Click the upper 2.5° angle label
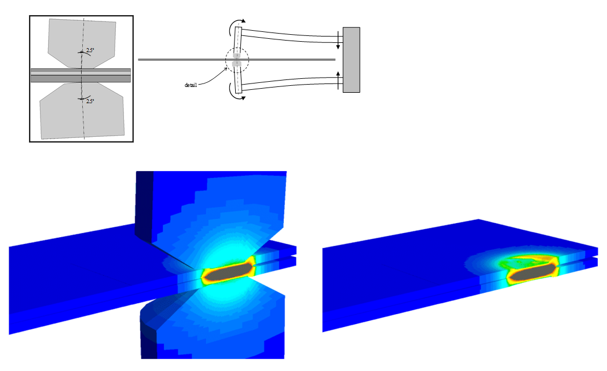click(x=90, y=50)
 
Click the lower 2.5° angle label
click(x=90, y=101)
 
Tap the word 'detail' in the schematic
click(x=191, y=85)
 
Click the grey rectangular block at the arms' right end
click(x=352, y=60)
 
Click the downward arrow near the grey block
click(x=338, y=40)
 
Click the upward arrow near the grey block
click(x=338, y=79)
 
